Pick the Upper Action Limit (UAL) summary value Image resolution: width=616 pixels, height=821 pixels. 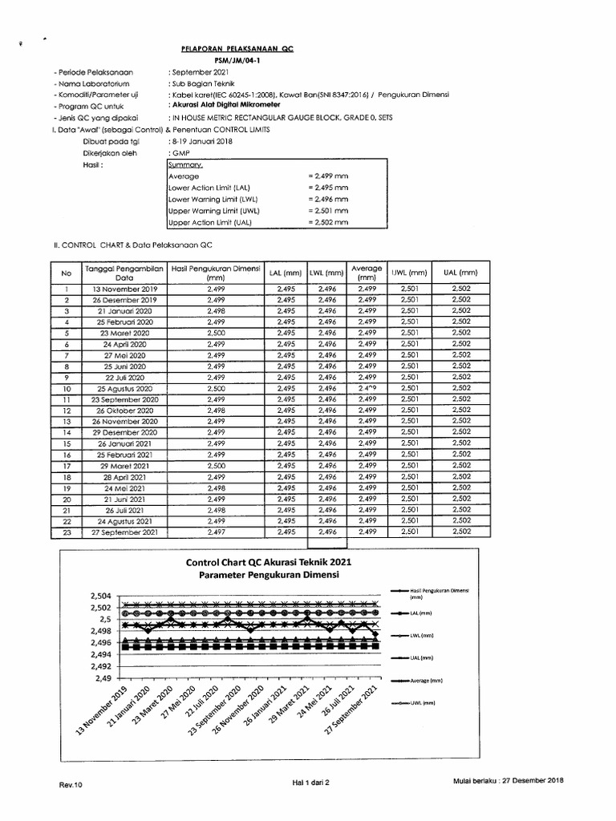(329, 222)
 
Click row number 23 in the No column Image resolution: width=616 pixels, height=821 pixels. (67, 531)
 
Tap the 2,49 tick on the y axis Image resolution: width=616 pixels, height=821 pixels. (104, 678)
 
